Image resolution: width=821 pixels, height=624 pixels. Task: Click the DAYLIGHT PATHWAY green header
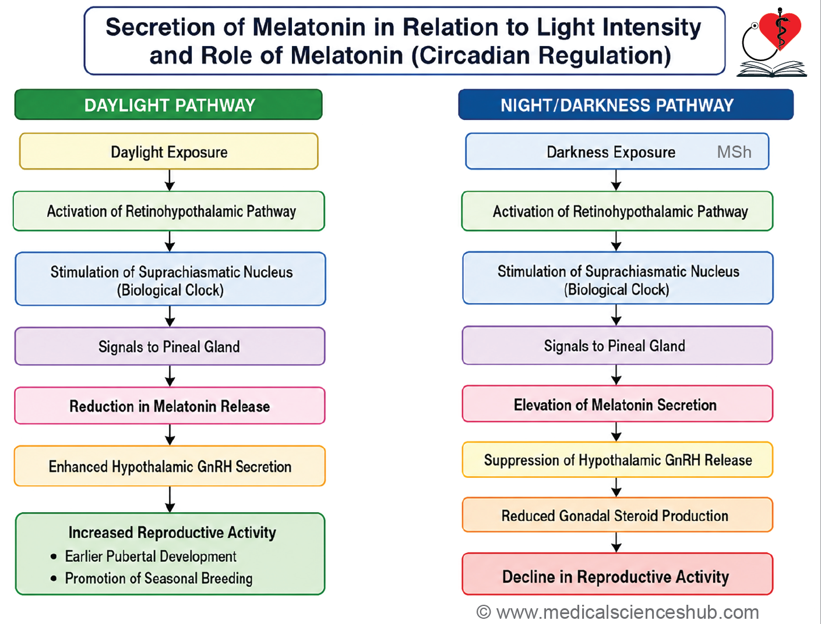click(x=168, y=105)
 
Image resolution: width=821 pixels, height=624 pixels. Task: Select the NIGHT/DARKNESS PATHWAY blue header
click(x=626, y=105)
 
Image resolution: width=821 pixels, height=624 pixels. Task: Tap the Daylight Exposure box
click(x=169, y=151)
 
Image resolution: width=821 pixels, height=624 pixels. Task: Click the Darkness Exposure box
click(x=617, y=151)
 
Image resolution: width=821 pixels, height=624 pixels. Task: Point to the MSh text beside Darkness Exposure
click(x=734, y=152)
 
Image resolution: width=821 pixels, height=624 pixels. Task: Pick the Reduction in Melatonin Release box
click(x=170, y=406)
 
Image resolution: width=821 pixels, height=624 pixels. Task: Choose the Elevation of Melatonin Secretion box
click(x=618, y=404)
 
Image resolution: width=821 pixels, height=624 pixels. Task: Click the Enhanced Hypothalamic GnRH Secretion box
click(x=170, y=466)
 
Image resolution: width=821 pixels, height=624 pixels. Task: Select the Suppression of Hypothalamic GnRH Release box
click(x=618, y=460)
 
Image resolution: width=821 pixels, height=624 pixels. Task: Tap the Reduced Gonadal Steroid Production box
click(x=618, y=515)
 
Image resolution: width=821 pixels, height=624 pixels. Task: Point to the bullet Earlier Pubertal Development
click(x=143, y=556)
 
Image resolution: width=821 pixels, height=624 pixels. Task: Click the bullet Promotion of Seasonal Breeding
click(x=151, y=579)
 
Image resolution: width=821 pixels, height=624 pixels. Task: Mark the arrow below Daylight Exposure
click(x=170, y=180)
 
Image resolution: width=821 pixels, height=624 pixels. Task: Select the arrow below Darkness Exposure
click(x=616, y=180)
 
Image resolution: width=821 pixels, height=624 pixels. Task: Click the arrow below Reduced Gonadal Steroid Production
click(x=616, y=543)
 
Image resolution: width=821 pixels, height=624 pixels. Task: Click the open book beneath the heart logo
click(x=771, y=69)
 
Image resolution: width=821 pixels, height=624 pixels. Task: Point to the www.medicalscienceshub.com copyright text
click(x=618, y=612)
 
